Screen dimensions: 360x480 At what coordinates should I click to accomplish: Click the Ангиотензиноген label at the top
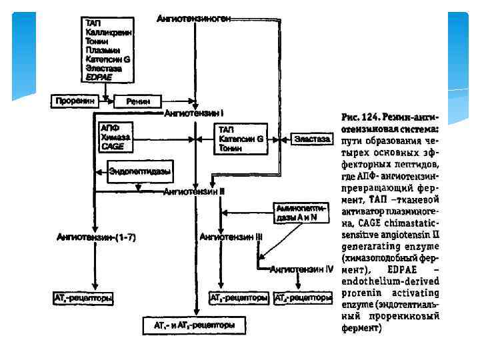pyautogui.click(x=194, y=19)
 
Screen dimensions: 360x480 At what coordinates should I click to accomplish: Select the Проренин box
pyautogui.click(x=75, y=101)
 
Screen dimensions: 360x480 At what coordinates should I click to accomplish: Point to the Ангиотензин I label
pyautogui.click(x=194, y=114)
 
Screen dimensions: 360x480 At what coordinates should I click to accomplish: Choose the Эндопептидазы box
pyautogui.click(x=139, y=172)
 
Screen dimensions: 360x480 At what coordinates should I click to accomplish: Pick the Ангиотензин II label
pyautogui.click(x=194, y=191)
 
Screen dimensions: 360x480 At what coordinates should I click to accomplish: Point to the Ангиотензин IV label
pyautogui.click(x=301, y=269)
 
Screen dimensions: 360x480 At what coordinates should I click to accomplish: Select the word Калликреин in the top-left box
pyautogui.click(x=109, y=32)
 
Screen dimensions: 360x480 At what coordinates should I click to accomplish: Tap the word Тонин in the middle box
pyautogui.click(x=231, y=149)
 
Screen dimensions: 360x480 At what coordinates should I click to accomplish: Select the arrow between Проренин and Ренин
pyautogui.click(x=105, y=101)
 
